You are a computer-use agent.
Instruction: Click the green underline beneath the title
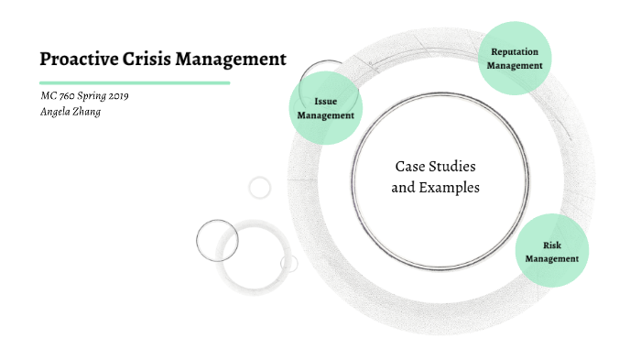[134, 82]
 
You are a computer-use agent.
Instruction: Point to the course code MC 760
[60, 97]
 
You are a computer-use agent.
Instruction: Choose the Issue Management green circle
[326, 108]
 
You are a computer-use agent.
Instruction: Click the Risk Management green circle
[552, 251]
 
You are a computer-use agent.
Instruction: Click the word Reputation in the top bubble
[516, 52]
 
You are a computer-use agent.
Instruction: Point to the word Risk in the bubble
[552, 245]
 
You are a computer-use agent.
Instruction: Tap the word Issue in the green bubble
[326, 102]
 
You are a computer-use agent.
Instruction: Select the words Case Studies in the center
[436, 167]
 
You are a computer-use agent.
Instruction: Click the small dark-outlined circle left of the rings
[217, 241]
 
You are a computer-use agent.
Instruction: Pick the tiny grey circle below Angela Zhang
[260, 188]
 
